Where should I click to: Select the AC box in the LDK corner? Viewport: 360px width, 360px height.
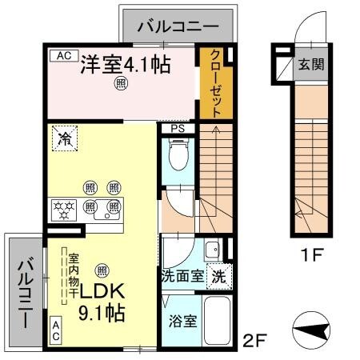click(x=56, y=330)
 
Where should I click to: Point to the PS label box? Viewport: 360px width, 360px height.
click(x=177, y=128)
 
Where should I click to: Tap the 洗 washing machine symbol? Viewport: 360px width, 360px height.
click(x=218, y=278)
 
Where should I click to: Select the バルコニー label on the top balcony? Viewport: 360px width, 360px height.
click(x=177, y=26)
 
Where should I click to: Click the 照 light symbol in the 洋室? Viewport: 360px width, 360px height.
click(x=121, y=83)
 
